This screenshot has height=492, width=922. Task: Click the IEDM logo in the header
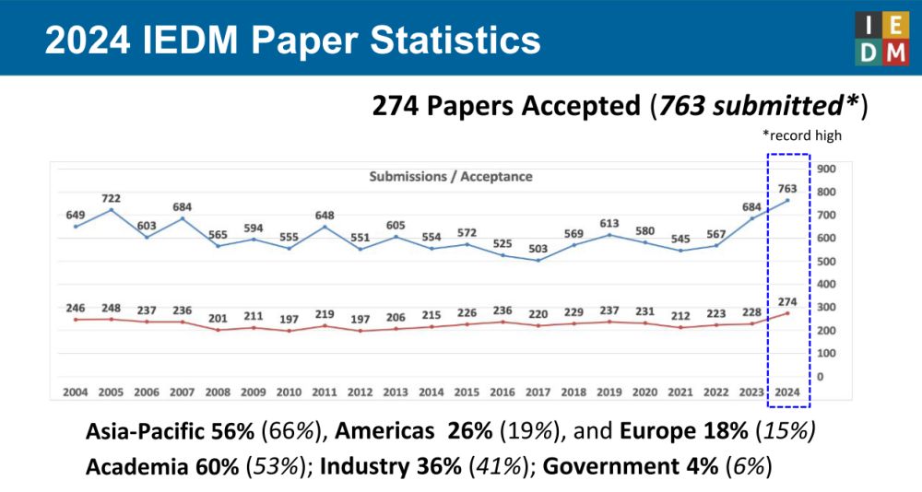pyautogui.click(x=881, y=39)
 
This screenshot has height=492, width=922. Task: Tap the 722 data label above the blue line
pyautogui.click(x=111, y=198)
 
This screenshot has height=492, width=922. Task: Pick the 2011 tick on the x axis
pyautogui.click(x=325, y=392)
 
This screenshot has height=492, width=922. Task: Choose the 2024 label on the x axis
pyautogui.click(x=786, y=392)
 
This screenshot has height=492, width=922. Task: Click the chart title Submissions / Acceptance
pyautogui.click(x=451, y=176)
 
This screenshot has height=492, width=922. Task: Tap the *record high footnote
pyautogui.click(x=801, y=135)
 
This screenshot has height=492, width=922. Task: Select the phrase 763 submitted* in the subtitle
pyautogui.click(x=757, y=106)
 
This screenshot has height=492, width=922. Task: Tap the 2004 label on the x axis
pyautogui.click(x=76, y=392)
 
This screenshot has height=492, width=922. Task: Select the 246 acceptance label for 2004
pyautogui.click(x=76, y=308)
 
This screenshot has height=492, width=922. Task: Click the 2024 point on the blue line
pyautogui.click(x=786, y=201)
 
